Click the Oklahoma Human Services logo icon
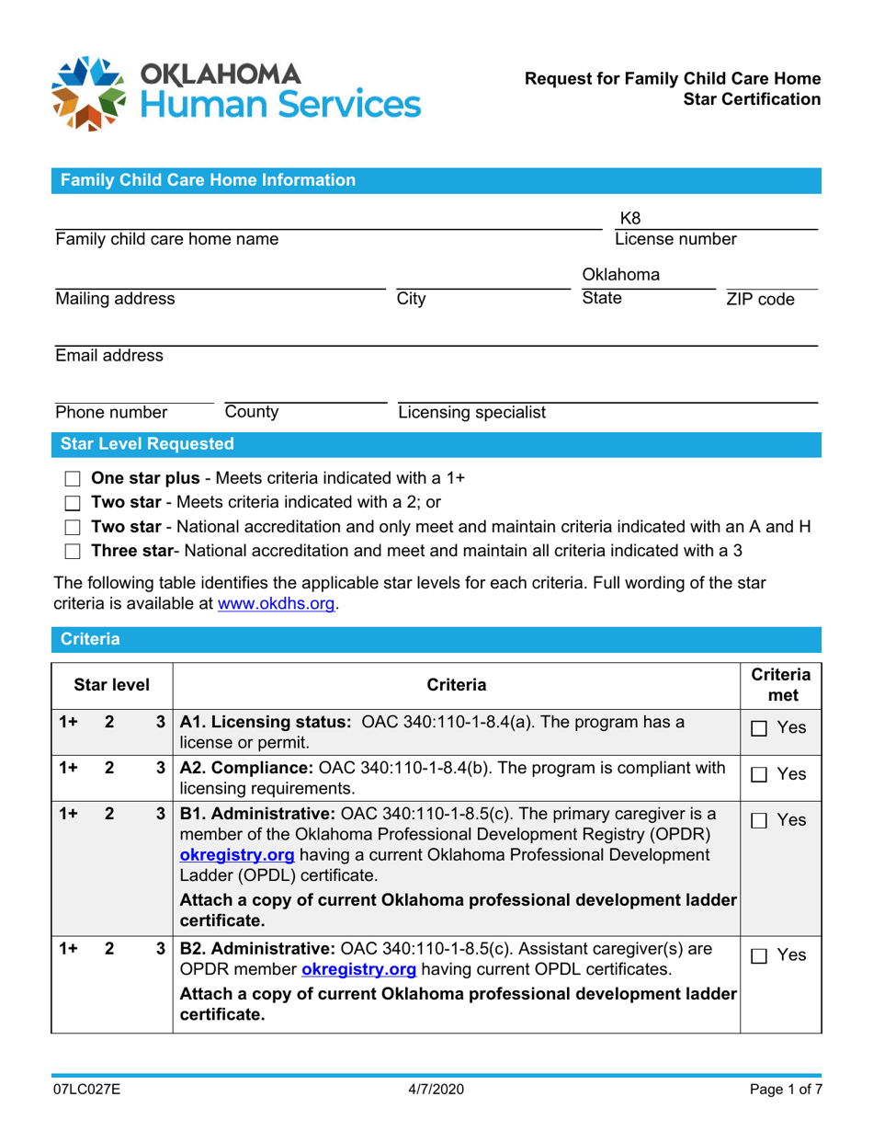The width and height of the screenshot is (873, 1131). [x=88, y=93]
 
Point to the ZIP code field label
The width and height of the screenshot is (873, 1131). [x=760, y=299]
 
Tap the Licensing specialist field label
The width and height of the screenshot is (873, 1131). [x=471, y=411]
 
